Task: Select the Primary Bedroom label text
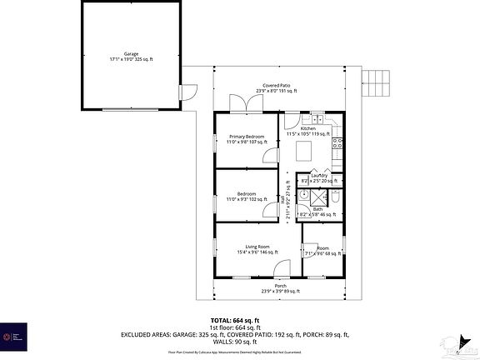click(247, 138)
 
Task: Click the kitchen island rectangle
click(305, 150)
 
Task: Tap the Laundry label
click(319, 177)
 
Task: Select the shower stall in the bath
click(307, 197)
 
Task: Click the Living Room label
click(257, 249)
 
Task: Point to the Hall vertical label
click(288, 200)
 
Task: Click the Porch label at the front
click(279, 288)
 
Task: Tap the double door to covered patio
click(242, 102)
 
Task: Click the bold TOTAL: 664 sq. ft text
click(234, 320)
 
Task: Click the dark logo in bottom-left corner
click(14, 337)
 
